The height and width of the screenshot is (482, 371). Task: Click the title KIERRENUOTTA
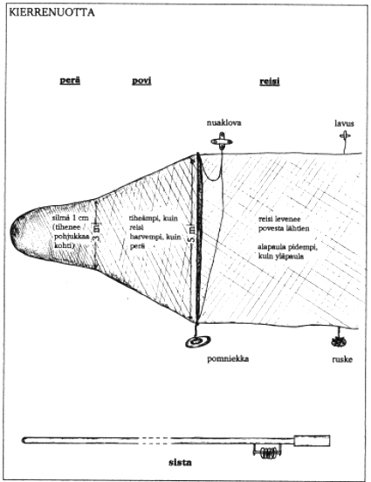(x=52, y=12)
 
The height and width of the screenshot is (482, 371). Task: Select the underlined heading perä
(x=70, y=80)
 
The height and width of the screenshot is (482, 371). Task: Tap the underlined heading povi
(x=141, y=80)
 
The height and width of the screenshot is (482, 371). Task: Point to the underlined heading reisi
(x=269, y=81)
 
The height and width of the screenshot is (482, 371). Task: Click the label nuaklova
(x=224, y=123)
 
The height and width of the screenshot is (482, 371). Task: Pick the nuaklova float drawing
(x=222, y=141)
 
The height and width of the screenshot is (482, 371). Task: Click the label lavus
(x=344, y=124)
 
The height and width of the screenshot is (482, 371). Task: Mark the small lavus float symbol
(x=345, y=135)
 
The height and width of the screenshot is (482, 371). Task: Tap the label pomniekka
(x=228, y=359)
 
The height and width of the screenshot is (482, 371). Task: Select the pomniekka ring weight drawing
(x=198, y=341)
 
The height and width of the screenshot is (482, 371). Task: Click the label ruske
(x=342, y=360)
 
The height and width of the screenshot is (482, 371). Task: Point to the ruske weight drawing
(x=339, y=341)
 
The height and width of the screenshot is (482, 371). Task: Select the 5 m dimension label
(x=192, y=234)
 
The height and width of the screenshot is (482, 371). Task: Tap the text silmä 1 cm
(x=71, y=218)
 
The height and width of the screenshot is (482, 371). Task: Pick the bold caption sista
(x=180, y=462)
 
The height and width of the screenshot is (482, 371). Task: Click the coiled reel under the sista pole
(x=267, y=452)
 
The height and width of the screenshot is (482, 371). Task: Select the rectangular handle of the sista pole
(x=312, y=440)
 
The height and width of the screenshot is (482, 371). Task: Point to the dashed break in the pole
(x=155, y=440)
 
